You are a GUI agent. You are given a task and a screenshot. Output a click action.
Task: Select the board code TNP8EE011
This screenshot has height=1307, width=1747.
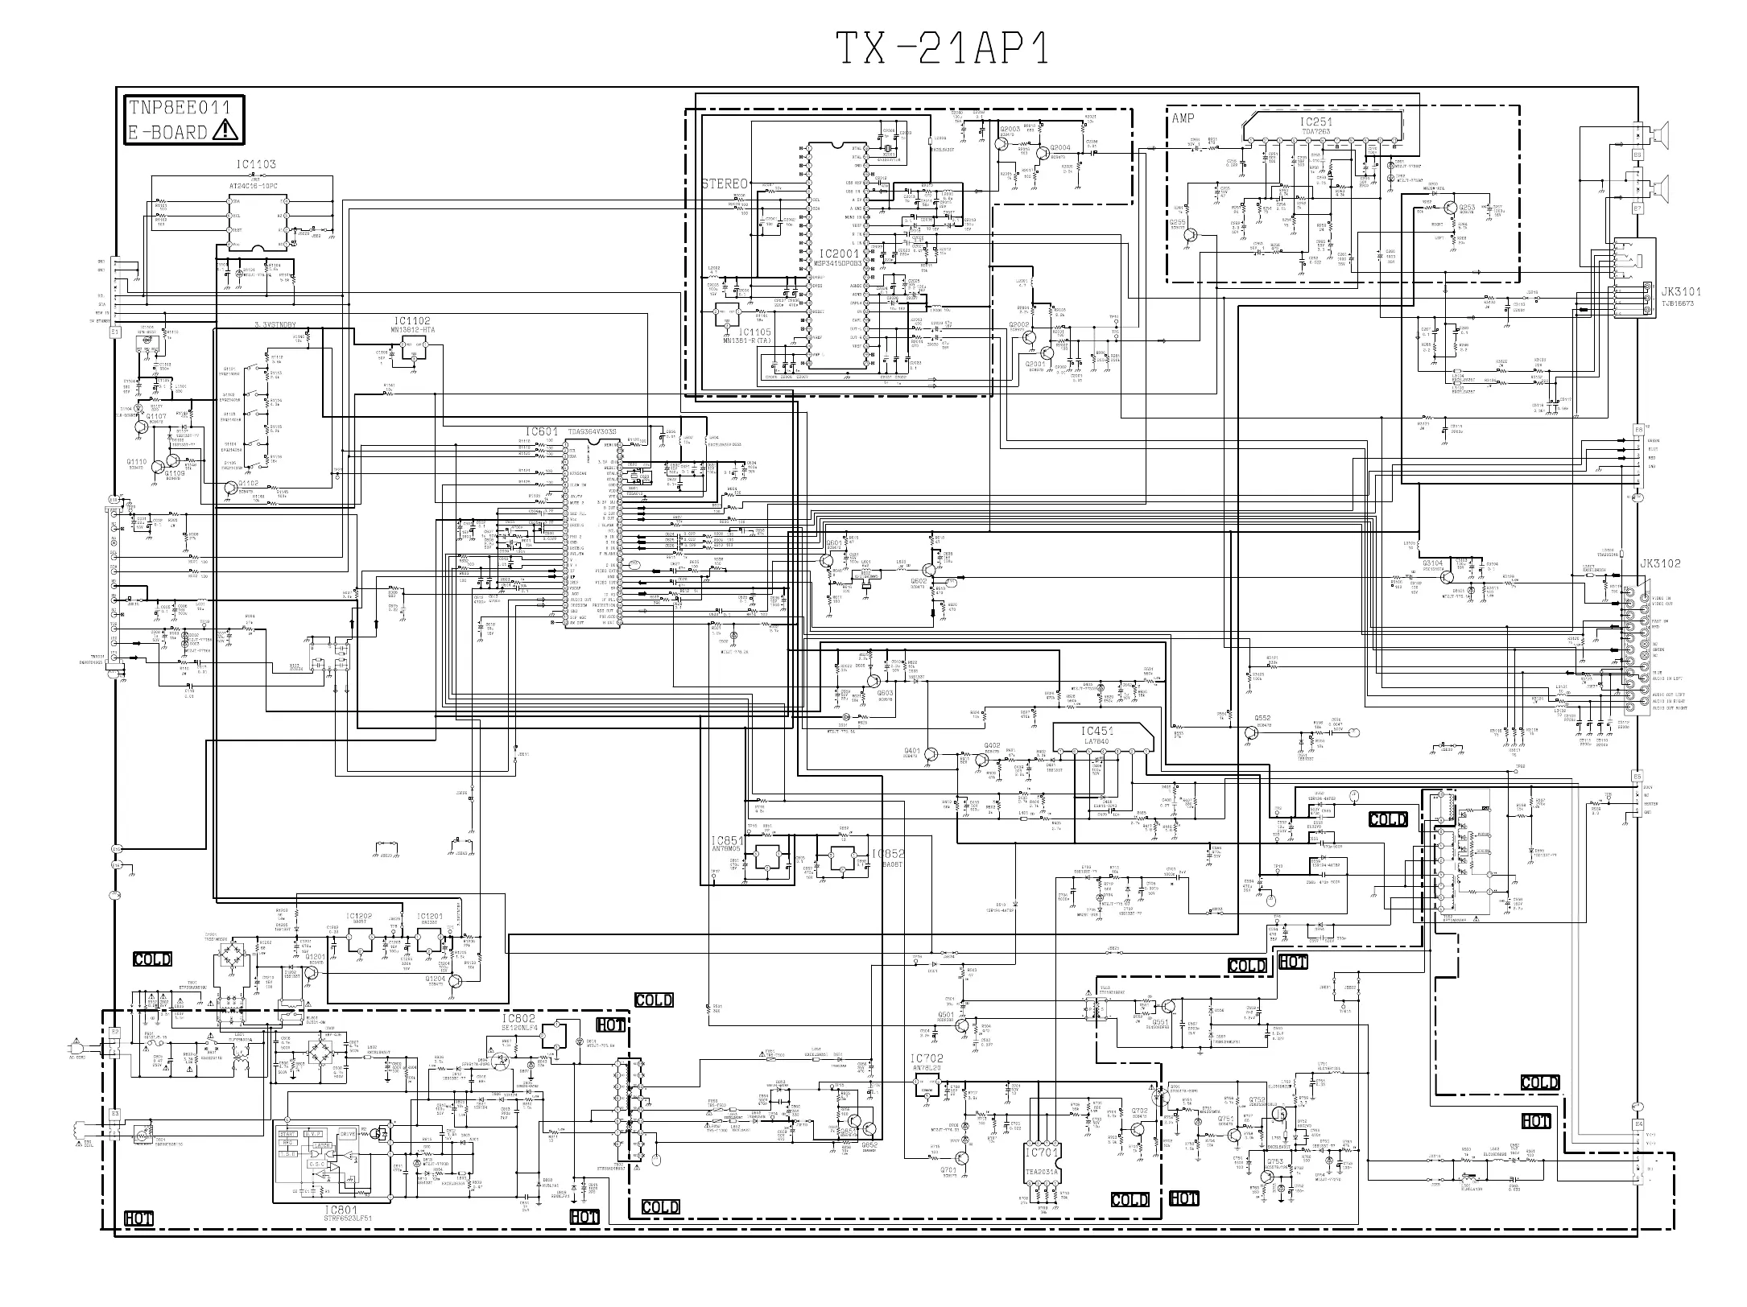tap(179, 107)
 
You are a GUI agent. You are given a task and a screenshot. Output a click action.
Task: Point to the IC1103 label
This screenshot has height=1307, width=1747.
tap(256, 164)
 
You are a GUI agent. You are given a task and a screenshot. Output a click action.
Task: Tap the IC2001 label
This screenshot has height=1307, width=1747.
tap(838, 254)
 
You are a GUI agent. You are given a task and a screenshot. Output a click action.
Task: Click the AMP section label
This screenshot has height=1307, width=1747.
tap(1183, 118)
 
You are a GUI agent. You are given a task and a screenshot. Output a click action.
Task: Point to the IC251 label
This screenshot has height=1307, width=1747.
tap(1315, 122)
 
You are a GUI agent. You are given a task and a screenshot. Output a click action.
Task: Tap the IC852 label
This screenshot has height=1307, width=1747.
tap(888, 853)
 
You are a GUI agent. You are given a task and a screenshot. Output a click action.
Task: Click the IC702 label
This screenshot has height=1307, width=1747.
tap(926, 1058)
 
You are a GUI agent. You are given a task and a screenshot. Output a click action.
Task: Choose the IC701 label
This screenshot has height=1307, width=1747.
tap(1044, 1152)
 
